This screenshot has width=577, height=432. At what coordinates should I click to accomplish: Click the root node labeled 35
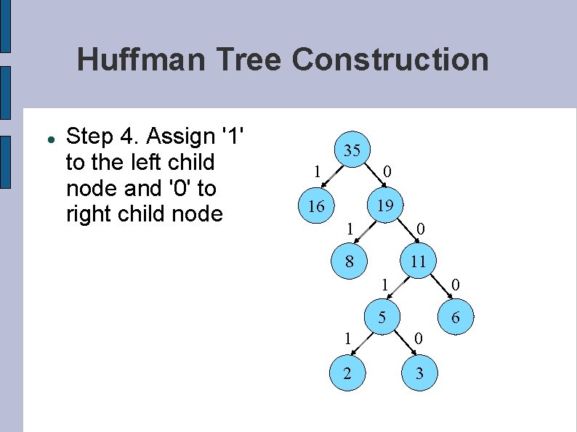click(352, 150)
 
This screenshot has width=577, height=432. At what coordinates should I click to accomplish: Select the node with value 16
click(316, 207)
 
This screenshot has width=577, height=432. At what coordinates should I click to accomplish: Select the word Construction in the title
click(390, 60)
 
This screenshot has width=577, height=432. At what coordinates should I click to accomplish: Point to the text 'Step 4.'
click(100, 136)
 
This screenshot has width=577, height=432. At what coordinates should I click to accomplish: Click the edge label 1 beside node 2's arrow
click(348, 338)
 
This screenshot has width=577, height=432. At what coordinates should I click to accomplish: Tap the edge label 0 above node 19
click(388, 172)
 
